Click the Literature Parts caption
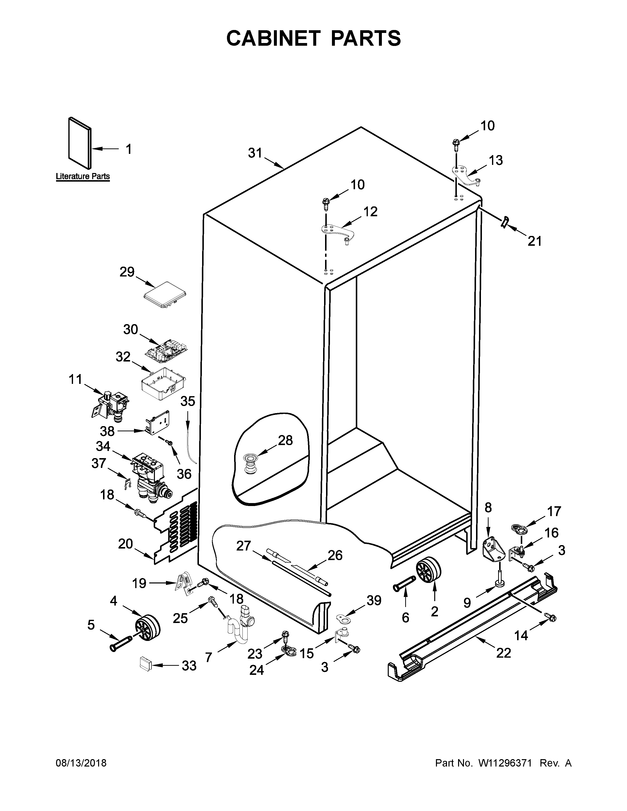(x=83, y=176)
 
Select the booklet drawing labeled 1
(x=79, y=143)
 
